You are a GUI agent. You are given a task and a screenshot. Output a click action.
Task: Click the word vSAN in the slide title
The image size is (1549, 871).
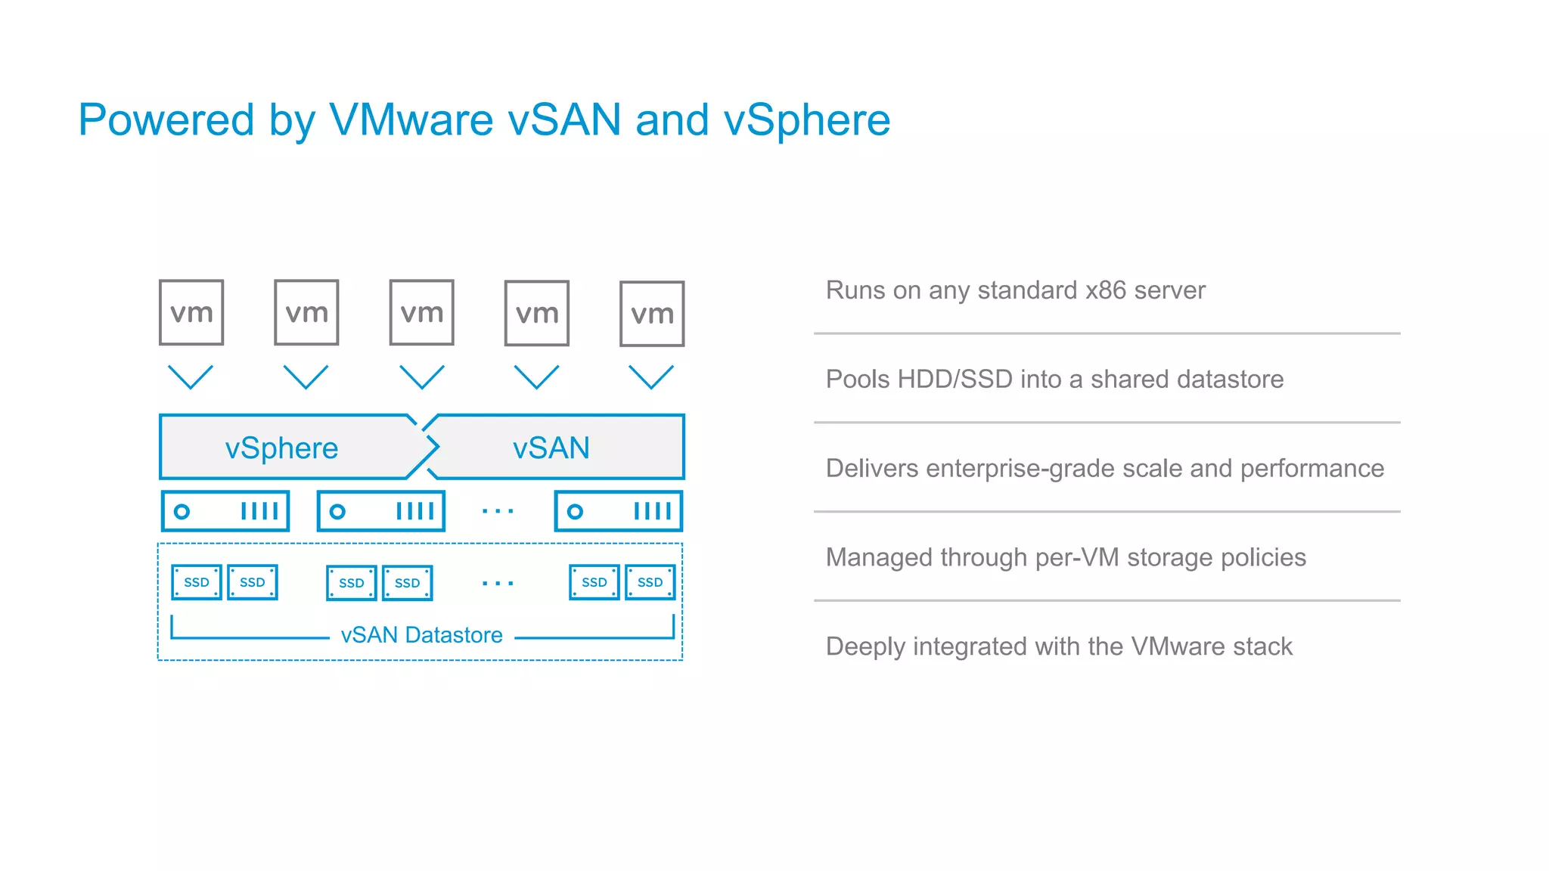pos(564,119)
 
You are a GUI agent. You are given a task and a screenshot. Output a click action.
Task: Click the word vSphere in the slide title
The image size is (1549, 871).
pos(807,119)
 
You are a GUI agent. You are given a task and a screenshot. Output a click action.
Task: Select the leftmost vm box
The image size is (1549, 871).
pos(191,312)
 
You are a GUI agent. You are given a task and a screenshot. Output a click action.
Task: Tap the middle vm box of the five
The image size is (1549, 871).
pos(421,312)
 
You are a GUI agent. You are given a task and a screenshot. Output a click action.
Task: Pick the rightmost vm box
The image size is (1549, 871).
pos(652,314)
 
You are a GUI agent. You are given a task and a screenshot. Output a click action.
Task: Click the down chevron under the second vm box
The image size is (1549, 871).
pos(306,377)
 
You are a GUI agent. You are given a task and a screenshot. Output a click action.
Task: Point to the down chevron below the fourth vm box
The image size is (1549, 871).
pos(536,377)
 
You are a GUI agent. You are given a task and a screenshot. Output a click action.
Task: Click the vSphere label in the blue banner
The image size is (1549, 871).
pos(281,448)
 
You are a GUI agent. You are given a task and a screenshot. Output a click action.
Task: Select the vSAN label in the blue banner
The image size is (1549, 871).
pos(551,448)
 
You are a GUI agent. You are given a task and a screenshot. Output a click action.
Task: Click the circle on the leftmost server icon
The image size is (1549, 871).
pos(182,512)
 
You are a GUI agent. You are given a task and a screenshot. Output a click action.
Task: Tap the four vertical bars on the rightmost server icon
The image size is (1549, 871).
pos(652,512)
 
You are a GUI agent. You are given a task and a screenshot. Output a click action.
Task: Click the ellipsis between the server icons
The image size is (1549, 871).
pos(498,512)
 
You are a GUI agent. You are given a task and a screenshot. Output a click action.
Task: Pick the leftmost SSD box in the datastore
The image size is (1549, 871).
pos(196,582)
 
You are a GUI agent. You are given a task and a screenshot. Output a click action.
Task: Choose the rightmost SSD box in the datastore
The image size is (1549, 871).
pos(650,582)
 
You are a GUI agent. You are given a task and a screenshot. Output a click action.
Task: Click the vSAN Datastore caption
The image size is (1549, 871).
pos(421,635)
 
